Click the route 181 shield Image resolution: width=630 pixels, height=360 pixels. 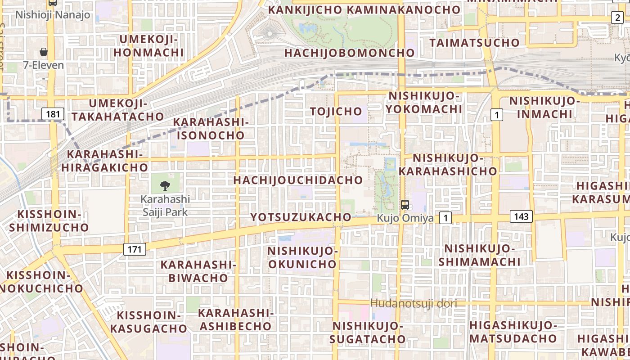coord(53,114)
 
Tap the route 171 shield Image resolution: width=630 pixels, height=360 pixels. coord(135,249)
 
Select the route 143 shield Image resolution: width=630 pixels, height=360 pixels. coord(521,216)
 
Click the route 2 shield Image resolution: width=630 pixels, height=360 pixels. coord(617,18)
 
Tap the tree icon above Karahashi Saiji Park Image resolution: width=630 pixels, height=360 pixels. coord(165,185)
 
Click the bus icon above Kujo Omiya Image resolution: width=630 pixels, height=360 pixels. coord(405,205)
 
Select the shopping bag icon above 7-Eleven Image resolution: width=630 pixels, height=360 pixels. coord(44,52)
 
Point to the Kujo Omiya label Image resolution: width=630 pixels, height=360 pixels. coord(405,218)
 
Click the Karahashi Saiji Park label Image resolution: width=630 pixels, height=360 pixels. coord(165,205)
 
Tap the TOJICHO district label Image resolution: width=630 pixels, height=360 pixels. coord(336,111)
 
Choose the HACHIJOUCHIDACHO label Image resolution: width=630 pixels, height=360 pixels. coord(298,180)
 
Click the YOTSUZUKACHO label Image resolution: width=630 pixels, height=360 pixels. coord(301,217)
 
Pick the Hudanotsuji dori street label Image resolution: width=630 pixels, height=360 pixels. coord(413,304)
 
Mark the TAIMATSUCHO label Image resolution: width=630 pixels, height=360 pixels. coord(475,43)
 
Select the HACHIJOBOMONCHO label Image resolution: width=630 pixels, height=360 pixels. coord(350,53)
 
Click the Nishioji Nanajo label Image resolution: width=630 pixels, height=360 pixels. coord(53,15)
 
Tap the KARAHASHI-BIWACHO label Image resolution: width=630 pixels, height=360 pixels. coord(198,271)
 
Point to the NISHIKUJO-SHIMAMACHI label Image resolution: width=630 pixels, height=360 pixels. coord(480,255)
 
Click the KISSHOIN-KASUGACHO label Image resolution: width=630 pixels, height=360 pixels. coord(148,322)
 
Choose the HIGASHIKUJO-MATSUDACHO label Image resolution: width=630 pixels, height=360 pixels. coord(513,332)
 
